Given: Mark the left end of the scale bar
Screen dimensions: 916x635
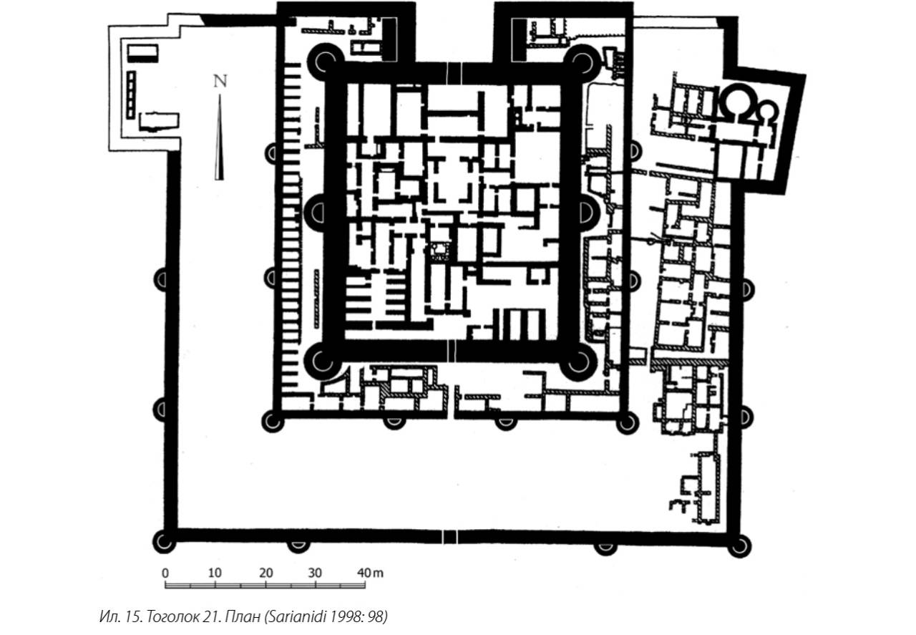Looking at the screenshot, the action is coord(165,585).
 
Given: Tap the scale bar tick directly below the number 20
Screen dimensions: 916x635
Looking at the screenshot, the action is coord(265,585).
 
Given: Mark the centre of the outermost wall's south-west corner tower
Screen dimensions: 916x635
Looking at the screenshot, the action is coord(164,542).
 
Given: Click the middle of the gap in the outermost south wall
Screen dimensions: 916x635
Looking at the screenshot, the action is coord(449,536).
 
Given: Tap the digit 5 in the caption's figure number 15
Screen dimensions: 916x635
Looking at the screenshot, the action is coord(138,616).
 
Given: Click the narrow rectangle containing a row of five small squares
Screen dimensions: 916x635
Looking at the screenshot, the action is coord(131,95).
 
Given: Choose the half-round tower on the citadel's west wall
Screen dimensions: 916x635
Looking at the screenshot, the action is coord(316,213).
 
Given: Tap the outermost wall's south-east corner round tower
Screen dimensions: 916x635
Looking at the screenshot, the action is coord(739,546).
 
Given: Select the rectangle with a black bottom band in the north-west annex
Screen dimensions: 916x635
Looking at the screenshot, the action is coord(142,53).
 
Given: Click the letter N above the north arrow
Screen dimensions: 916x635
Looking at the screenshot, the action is coord(220,82).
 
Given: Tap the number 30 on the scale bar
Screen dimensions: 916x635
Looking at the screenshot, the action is coord(316,573).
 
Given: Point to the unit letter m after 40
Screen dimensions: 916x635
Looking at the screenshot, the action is coord(379,573).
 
